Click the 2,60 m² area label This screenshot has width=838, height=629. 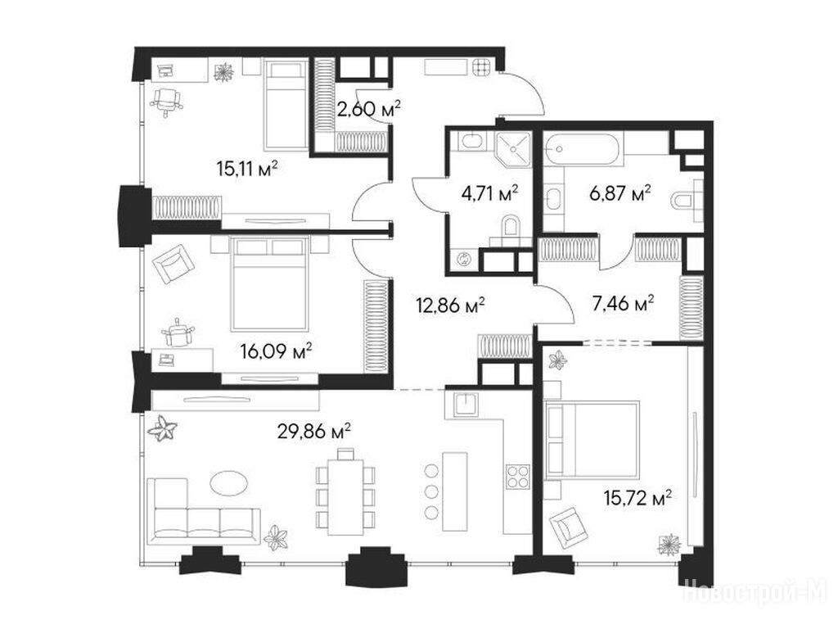click(x=369, y=110)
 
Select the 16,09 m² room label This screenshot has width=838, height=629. click(x=276, y=351)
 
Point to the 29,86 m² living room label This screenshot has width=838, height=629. click(x=313, y=431)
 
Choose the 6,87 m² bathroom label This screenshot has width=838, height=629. click(x=620, y=192)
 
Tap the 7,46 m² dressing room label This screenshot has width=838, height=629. click(x=623, y=305)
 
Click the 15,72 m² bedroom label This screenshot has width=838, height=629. click(x=638, y=498)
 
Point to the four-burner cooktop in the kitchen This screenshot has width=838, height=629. click(x=517, y=477)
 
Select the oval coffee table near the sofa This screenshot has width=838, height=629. click(x=229, y=483)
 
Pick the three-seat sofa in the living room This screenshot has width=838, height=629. click(x=203, y=512)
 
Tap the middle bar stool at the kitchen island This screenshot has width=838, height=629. click(x=431, y=491)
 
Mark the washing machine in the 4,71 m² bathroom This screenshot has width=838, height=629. click(x=463, y=260)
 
